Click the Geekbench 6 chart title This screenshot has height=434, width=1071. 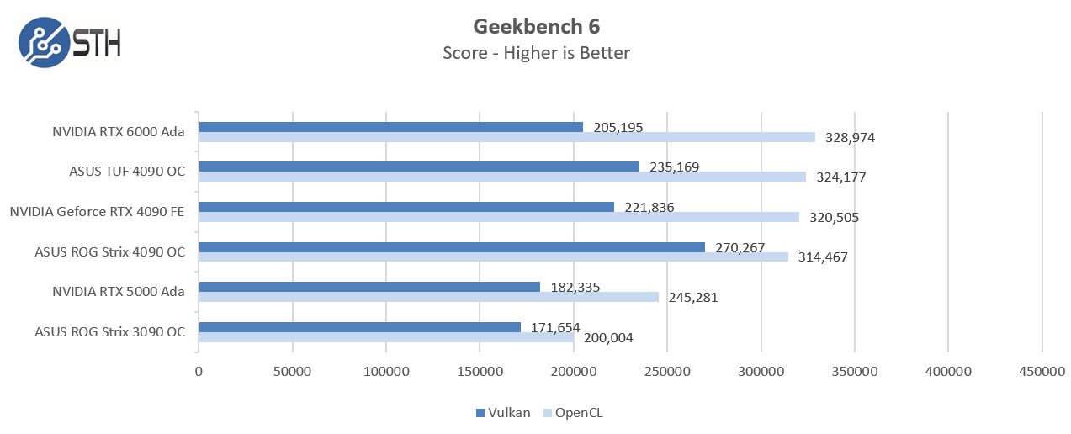[x=536, y=26]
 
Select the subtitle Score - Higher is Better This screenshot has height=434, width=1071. [x=536, y=53]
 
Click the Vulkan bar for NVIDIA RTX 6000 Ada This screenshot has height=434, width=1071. [x=390, y=127]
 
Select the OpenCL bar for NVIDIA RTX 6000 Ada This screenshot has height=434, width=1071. [x=506, y=137]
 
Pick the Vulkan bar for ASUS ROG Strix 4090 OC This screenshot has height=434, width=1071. [x=451, y=247]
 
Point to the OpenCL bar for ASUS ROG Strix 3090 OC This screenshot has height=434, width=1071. [x=386, y=338]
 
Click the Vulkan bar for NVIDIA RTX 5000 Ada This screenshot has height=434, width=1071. [x=368, y=287]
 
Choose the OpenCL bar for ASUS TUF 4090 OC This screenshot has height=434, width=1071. [x=501, y=177]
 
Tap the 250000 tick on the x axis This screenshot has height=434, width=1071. [x=667, y=371]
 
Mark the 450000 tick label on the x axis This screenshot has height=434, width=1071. [x=1042, y=371]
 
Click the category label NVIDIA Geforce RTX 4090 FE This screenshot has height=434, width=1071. [x=98, y=211]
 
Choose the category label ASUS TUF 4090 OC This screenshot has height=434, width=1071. [x=127, y=172]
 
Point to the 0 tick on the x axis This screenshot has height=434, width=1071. [x=199, y=371]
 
